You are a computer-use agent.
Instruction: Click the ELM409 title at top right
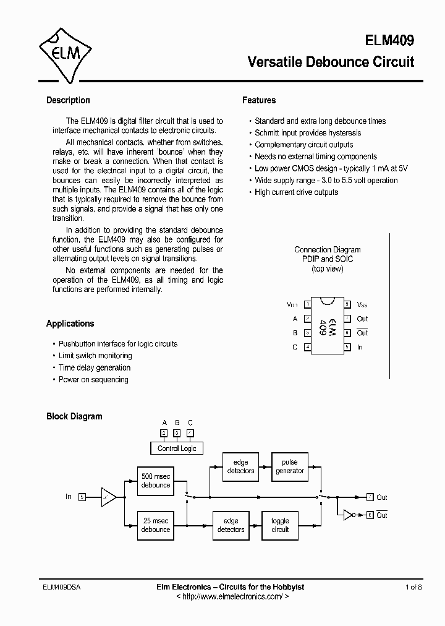coord(388,40)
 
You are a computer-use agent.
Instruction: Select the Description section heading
coord(68,100)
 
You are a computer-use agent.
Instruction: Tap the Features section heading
coord(259,100)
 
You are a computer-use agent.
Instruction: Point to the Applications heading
coord(70,324)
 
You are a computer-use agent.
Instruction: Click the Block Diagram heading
coord(74,416)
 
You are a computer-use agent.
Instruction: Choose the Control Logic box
coord(177,448)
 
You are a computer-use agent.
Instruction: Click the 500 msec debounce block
coord(156,481)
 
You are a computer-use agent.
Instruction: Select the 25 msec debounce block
coord(156,525)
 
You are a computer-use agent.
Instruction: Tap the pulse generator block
coord(289,466)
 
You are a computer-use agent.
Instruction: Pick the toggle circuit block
coord(280,525)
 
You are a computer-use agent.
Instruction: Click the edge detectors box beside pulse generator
coord(240,466)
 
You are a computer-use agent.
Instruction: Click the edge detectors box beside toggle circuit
coord(231,525)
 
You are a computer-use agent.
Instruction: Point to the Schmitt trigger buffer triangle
coord(108,497)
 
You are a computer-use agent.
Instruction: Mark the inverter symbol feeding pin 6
coord(349,515)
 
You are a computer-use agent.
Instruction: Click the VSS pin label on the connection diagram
coord(362,305)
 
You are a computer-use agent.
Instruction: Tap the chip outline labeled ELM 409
coord(327,325)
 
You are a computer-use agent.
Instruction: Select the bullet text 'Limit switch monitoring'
coord(95,356)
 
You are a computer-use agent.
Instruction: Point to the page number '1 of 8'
coord(414,587)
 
